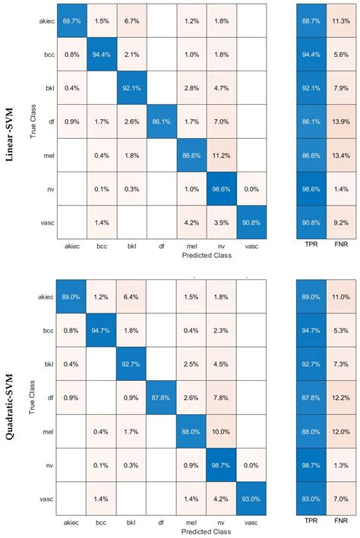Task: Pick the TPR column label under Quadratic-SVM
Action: click(x=311, y=523)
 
